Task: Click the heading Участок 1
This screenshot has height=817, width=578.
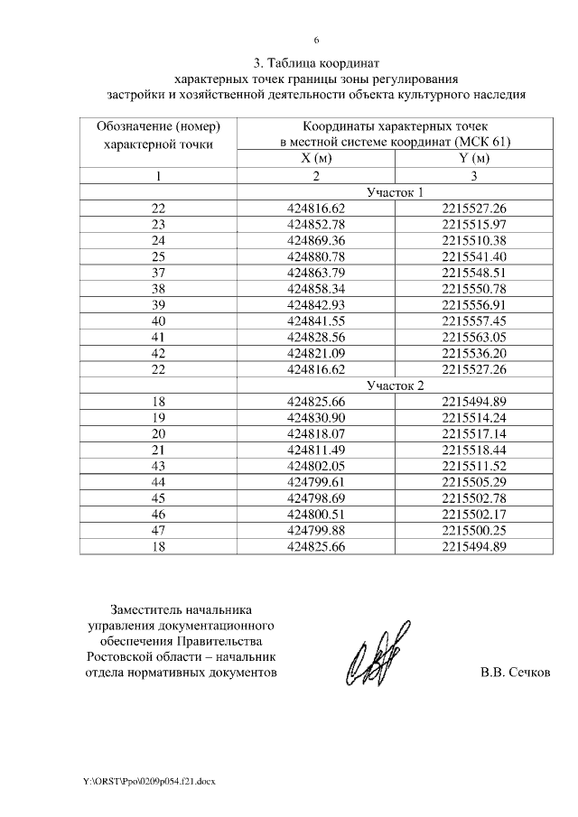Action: [x=395, y=192]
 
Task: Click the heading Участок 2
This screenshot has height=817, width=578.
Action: [x=395, y=386]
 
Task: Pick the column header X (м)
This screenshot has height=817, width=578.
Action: [x=316, y=159]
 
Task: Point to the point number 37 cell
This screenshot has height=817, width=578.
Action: [x=158, y=274]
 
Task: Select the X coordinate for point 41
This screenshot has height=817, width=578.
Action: [x=316, y=339]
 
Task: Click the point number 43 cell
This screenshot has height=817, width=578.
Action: [x=158, y=467]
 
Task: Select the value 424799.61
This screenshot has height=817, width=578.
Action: [x=316, y=483]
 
